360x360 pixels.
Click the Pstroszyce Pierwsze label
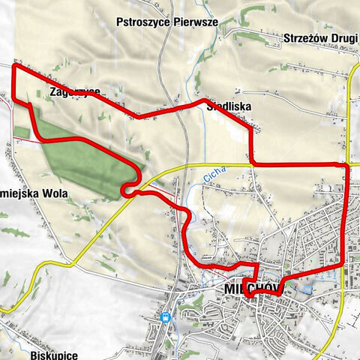[167, 22]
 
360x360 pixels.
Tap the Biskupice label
[55, 352]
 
